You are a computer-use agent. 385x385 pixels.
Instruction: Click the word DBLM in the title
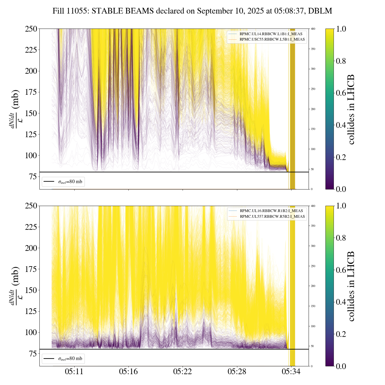[x=322, y=11]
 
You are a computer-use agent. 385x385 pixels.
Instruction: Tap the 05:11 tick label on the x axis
[x=74, y=372]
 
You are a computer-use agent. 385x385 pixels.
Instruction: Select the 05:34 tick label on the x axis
[x=291, y=372]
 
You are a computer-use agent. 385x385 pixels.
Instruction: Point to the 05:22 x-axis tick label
[x=183, y=372]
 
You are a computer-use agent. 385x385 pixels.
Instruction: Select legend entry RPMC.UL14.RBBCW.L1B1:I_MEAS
[x=271, y=34]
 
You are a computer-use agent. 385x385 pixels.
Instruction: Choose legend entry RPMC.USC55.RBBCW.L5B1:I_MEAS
[x=272, y=39]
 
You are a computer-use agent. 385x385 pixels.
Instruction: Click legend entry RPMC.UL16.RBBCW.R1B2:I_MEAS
[x=271, y=211]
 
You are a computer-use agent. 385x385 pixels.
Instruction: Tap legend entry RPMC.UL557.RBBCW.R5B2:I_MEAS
[x=272, y=217]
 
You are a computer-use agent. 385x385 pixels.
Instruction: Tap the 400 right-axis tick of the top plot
[x=313, y=29]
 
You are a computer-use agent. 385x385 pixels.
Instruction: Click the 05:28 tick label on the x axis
[x=237, y=372]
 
